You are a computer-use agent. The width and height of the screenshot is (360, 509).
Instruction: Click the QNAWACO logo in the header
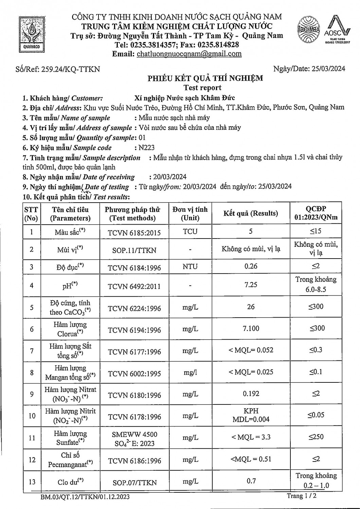click(x=32, y=34)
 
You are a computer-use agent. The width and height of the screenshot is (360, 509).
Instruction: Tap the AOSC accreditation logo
click(x=336, y=30)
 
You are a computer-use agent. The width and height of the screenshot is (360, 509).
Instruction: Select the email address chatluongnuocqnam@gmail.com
click(x=189, y=54)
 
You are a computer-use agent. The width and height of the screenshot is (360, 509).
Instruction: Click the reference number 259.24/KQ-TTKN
click(x=70, y=69)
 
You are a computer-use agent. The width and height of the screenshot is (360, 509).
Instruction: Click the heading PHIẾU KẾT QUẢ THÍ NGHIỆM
click(x=205, y=78)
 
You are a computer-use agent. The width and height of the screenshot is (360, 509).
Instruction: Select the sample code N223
click(x=146, y=148)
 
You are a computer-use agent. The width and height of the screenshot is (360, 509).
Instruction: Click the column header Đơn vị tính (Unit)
click(x=190, y=213)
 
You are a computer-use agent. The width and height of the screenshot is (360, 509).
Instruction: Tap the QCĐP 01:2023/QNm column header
click(x=316, y=213)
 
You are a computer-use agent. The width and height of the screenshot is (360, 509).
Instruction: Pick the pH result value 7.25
click(x=251, y=285)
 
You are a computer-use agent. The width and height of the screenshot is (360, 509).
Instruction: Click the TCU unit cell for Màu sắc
click(x=190, y=231)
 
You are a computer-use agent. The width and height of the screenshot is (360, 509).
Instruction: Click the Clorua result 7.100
click(x=251, y=328)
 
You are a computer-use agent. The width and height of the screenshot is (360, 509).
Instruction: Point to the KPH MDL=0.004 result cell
click(x=251, y=415)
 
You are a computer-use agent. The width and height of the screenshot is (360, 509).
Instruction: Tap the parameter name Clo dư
click(x=70, y=482)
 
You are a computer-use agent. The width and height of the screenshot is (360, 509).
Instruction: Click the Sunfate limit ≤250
click(x=316, y=437)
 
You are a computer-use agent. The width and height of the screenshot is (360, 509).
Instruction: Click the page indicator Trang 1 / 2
click(x=302, y=496)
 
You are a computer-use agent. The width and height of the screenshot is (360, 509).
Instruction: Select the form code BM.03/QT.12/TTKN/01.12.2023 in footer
click(x=84, y=497)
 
